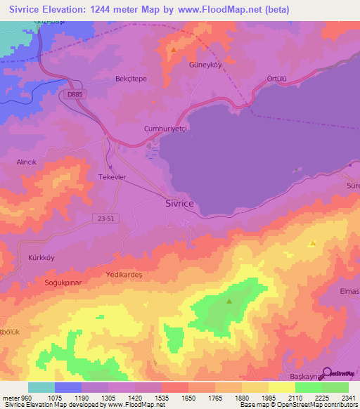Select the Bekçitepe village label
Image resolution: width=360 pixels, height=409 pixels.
tap(131, 79)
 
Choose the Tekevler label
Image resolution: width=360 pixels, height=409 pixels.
tap(112, 177)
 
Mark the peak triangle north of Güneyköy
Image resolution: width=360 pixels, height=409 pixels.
tap(174, 50)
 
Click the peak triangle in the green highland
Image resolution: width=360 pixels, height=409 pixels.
tap(229, 301)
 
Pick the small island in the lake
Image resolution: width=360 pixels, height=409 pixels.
tap(298, 169)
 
